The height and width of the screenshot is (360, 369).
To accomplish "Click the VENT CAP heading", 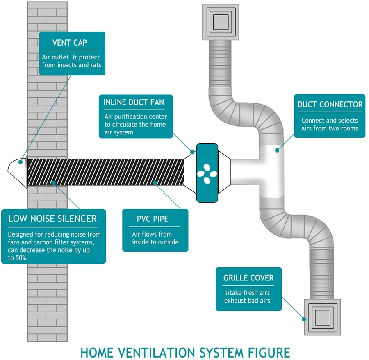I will tap(70, 43).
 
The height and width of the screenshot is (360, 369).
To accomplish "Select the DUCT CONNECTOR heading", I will tap(330, 105).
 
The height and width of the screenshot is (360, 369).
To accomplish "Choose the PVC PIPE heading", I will tap(153, 219).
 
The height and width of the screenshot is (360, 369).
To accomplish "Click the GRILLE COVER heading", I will tap(248, 278).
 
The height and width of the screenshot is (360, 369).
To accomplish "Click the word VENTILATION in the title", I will tap(154, 352).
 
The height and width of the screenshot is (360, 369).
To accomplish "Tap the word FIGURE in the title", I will tap(266, 352).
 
